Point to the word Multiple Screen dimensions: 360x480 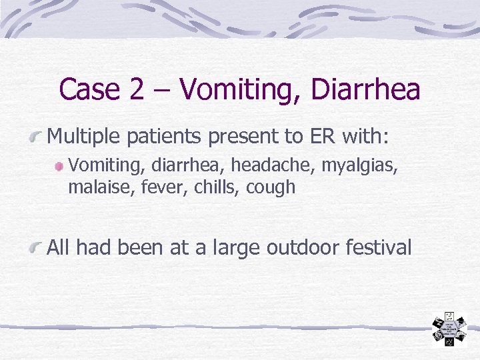[x=85, y=138]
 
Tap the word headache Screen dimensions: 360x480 [x=283, y=164]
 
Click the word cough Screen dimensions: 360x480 [x=271, y=187]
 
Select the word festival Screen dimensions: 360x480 [x=377, y=249]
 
